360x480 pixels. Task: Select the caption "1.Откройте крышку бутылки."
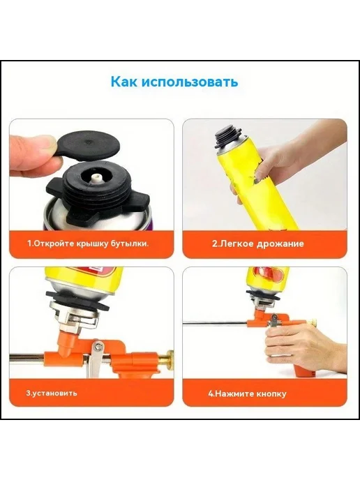click(x=88, y=243)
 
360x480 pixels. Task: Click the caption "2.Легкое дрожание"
click(x=258, y=243)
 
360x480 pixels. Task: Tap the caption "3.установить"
click(x=51, y=393)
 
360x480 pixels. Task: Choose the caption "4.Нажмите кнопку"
click(x=248, y=393)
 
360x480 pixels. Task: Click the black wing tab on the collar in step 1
click(x=55, y=187)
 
